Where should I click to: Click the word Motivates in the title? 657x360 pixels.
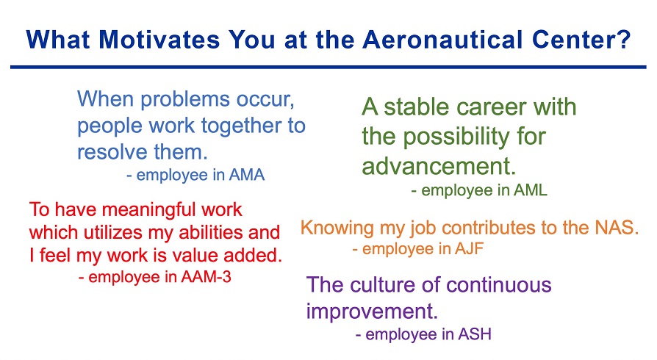[159, 40]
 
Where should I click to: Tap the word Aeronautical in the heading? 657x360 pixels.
[443, 40]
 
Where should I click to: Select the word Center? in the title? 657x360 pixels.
[581, 40]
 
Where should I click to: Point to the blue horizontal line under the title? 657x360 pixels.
[328, 67]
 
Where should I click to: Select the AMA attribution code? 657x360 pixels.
[247, 175]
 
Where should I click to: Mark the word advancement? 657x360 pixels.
[439, 166]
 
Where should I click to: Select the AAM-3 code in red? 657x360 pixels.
[207, 277]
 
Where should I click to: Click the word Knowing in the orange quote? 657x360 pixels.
[337, 228]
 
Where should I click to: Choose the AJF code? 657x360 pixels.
[470, 249]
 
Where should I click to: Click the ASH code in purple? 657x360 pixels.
[475, 334]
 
